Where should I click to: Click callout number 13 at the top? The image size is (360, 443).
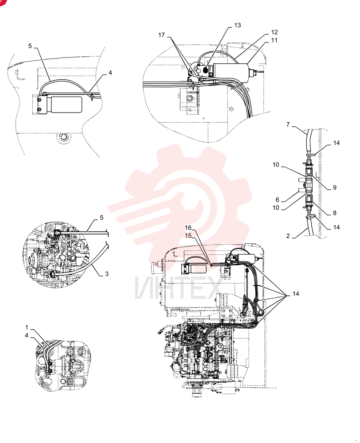click(238, 25)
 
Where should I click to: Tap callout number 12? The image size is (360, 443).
click(274, 32)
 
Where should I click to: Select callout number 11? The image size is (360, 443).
click(274, 40)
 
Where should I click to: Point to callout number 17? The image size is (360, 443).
click(161, 35)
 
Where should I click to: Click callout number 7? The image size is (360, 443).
click(288, 124)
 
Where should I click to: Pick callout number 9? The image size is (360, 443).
click(335, 187)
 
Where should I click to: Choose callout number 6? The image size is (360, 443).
click(278, 200)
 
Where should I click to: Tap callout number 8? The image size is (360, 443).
click(335, 213)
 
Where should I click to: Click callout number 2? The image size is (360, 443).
click(288, 236)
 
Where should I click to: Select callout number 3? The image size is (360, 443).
click(106, 274)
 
